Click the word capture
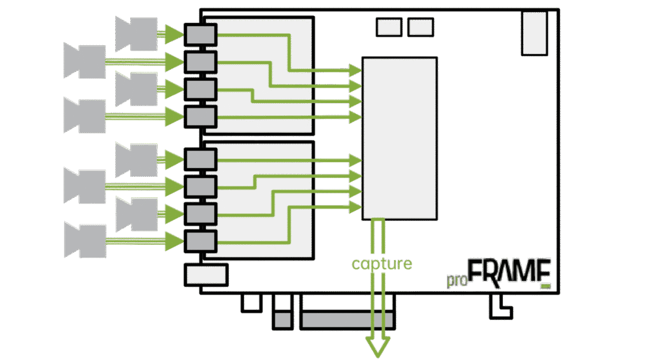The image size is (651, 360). pos(381,264)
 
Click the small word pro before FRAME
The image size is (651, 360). pos(457,280)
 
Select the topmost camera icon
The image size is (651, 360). pos(136,34)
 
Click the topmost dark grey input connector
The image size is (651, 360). pos(200,34)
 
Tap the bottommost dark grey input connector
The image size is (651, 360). pos(200,241)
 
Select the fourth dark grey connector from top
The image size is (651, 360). pos(200,116)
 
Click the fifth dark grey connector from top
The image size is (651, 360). pos(200,159)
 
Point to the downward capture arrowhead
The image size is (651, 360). pos(378,346)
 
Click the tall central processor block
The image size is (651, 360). pos(399,138)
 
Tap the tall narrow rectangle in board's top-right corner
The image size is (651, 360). pos(534,33)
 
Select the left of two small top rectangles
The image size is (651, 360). pos(389,27)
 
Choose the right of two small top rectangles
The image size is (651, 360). pos(421,27)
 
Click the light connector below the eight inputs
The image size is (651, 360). pos(206,275)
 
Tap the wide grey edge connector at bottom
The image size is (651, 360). pos(347,320)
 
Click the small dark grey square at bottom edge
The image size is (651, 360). pos(283,320)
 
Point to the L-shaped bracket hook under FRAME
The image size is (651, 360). pos(500,307)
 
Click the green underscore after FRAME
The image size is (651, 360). pos(546,286)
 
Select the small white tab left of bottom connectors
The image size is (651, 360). pos(252,303)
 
